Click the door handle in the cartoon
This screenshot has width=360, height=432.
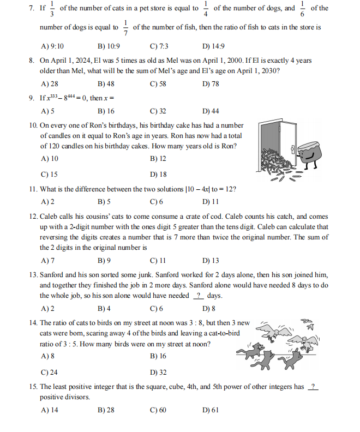[x=293, y=148]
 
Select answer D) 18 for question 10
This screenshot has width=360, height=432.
[x=158, y=175]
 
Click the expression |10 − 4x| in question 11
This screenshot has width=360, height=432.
[x=201, y=189]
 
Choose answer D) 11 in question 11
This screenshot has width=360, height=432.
[x=211, y=201]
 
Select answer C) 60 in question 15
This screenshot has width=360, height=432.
[x=158, y=410]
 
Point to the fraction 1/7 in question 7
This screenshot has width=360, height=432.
[x=125, y=27]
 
